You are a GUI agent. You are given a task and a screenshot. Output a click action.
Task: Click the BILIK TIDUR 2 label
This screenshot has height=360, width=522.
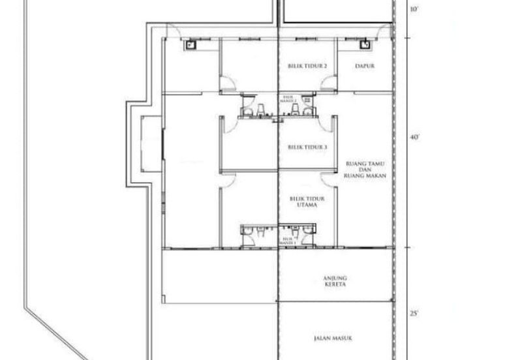tap(307, 66)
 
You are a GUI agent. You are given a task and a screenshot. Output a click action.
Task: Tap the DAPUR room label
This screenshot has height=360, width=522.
tap(364, 66)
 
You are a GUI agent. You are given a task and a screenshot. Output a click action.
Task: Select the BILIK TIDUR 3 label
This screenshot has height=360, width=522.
tap(307, 147)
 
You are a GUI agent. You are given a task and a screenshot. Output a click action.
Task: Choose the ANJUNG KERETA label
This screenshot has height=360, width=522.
tap(334, 282)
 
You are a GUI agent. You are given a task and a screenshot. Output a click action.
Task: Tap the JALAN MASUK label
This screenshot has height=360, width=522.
tap(333, 338)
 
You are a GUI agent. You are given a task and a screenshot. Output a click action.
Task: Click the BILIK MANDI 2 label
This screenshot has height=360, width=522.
tap(288, 99)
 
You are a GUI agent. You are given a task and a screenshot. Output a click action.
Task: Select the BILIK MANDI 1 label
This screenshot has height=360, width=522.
tap(288, 240)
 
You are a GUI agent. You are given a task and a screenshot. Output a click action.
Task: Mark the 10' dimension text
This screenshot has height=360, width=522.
tap(413, 10)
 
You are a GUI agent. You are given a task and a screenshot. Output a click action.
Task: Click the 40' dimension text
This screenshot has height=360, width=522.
tap(413, 138)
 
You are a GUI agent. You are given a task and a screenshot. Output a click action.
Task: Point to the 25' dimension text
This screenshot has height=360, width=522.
tap(413, 314)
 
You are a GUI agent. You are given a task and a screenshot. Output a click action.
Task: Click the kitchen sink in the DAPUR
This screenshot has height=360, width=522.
tap(365, 44)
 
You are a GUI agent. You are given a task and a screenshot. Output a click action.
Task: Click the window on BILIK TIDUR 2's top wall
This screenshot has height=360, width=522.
tap(307, 37)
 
